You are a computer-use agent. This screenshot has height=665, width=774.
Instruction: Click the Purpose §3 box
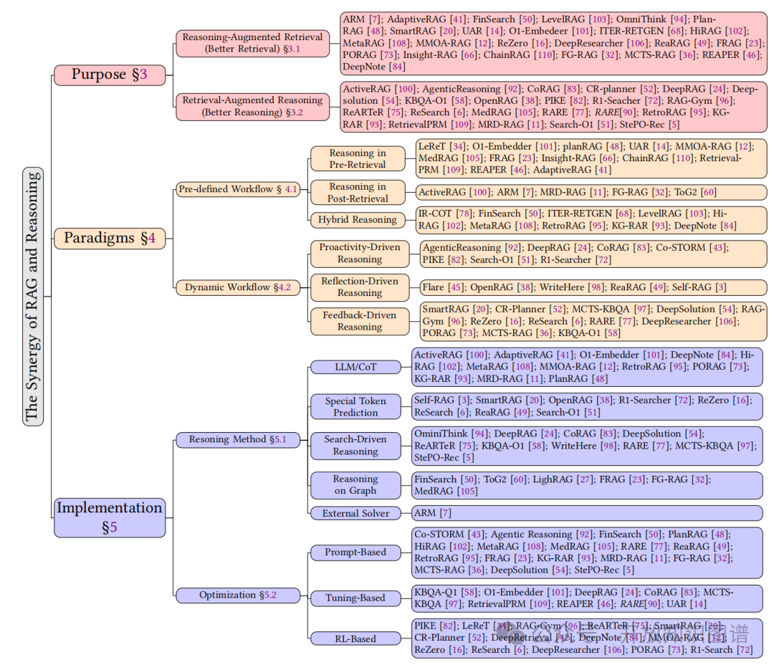pos(110,74)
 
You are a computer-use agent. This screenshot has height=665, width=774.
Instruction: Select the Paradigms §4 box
pos(110,238)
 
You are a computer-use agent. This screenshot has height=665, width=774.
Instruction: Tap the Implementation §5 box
pos(110,517)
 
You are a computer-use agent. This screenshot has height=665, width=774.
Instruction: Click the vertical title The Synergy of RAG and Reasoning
pos(33,296)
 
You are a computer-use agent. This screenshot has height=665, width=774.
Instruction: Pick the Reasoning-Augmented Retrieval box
pos(252,42)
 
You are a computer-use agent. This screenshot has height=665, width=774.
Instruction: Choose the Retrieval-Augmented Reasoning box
pos(252,106)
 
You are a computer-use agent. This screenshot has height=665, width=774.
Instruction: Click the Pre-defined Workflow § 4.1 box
pos(238,189)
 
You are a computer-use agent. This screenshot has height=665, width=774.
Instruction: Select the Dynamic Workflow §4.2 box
pos(238,287)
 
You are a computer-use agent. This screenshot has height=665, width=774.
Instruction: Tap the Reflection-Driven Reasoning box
pos(360,287)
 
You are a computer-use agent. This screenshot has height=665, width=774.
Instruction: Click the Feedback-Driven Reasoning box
pos(360,320)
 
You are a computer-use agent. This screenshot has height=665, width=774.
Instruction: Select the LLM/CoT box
pos(355,367)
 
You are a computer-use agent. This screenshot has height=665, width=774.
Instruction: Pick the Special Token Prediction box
pos(355,406)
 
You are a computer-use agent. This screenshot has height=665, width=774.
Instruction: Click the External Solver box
pos(355,513)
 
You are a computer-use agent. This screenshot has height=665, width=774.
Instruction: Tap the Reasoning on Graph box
pos(355,484)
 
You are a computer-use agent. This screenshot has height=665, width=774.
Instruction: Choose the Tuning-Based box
pos(355,598)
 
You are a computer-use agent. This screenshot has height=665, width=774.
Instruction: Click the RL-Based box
pos(355,638)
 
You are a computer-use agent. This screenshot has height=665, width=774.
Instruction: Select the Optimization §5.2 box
pos(237,595)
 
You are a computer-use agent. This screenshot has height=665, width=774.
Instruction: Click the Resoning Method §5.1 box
pos(237,439)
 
